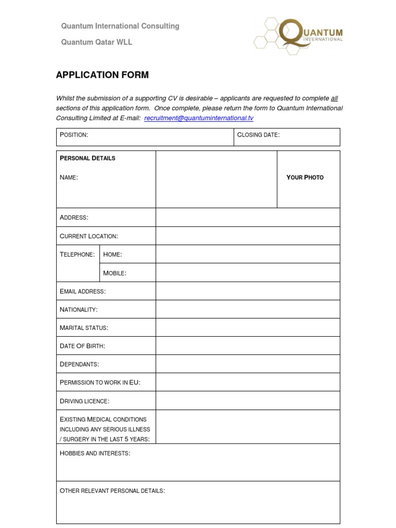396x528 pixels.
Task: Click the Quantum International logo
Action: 298,34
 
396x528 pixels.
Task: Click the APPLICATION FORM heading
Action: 102,75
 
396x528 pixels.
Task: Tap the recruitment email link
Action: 199,118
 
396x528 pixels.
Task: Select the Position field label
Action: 74,135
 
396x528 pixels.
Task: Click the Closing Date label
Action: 258,135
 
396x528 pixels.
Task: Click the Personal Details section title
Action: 88,158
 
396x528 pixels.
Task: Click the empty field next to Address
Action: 247,218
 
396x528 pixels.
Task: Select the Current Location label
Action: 89,236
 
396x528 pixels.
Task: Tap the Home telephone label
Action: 112,254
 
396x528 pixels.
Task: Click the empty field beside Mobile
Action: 247,273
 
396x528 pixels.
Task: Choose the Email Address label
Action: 82,291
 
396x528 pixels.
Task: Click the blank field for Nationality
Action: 247,309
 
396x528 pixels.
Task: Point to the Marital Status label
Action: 84,328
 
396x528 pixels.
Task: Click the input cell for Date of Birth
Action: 247,346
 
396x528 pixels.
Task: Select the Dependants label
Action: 79,365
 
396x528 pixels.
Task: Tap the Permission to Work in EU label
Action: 100,383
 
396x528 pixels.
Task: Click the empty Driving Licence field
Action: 247,401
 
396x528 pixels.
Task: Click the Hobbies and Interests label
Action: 95,453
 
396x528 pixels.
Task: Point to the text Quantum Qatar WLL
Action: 96,42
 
